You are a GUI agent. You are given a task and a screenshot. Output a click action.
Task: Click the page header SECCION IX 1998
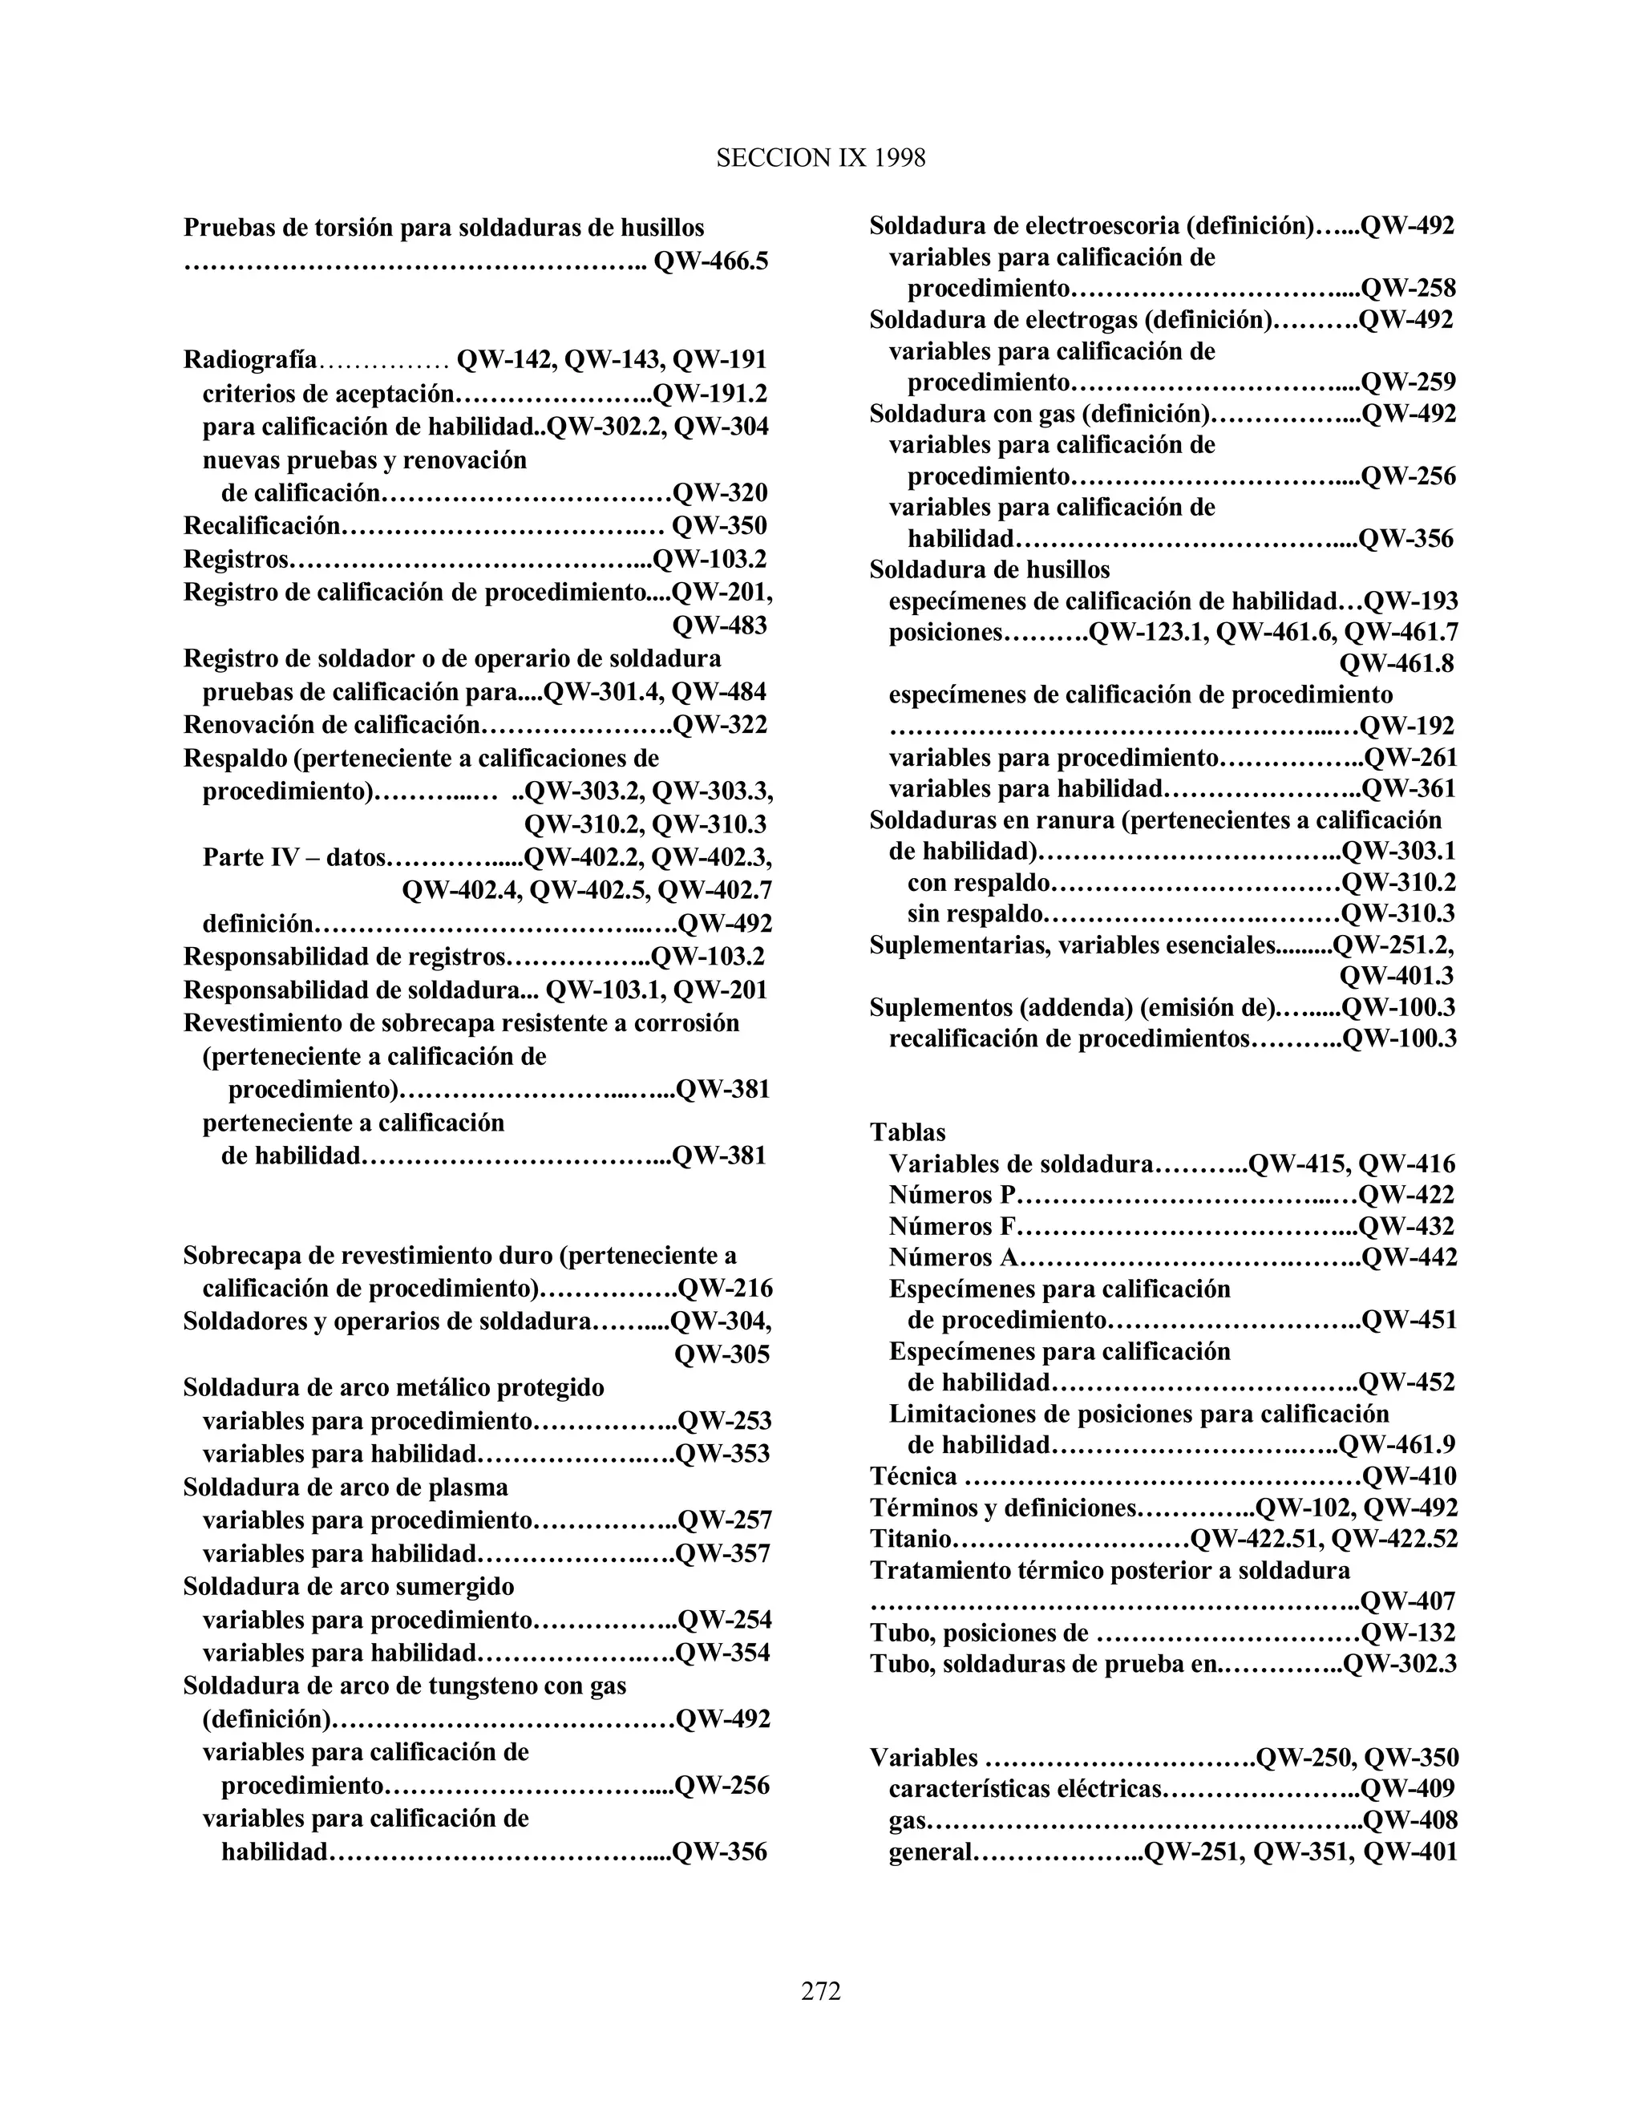tap(820, 159)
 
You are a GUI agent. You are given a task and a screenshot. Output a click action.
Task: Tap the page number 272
tap(820, 1991)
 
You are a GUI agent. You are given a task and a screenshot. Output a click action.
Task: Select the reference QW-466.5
tap(711, 261)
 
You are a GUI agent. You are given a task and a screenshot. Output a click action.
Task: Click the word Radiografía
tap(250, 360)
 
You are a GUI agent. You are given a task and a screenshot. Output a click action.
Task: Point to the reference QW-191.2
tap(710, 393)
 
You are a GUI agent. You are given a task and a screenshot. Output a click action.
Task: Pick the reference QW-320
tap(720, 493)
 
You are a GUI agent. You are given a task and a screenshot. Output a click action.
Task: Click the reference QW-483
tap(720, 625)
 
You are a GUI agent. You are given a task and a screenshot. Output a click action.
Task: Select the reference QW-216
tap(725, 1289)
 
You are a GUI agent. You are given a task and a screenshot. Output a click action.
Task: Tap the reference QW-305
tap(722, 1355)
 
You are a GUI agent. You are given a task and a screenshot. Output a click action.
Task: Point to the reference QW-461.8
tap(1397, 665)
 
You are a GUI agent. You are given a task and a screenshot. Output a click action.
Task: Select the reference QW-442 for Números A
tap(1409, 1258)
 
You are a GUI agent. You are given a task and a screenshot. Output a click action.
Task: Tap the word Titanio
tap(909, 1540)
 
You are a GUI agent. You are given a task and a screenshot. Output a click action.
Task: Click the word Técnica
tap(913, 1477)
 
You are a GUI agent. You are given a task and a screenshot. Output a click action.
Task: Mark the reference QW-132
tap(1409, 1633)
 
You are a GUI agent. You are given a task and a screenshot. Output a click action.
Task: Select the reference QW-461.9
tap(1397, 1446)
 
